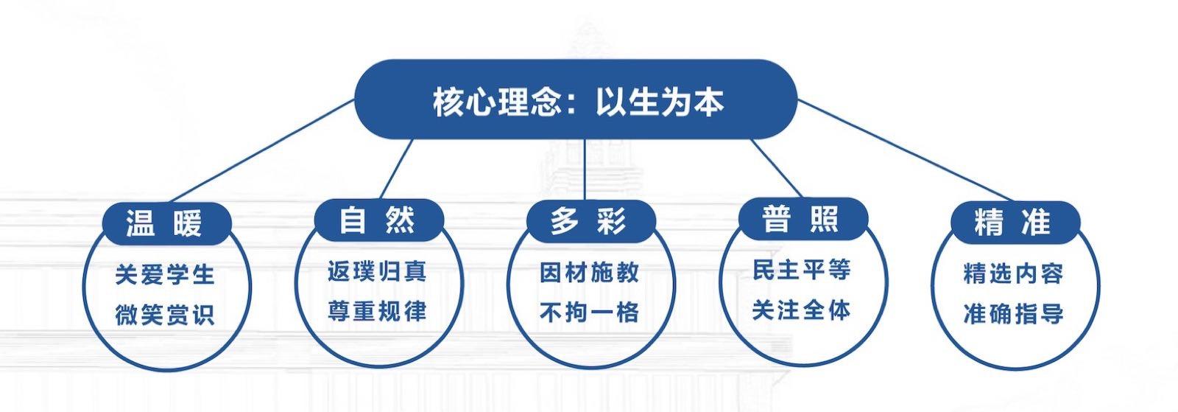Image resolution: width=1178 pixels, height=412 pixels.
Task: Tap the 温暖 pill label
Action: click(x=165, y=223)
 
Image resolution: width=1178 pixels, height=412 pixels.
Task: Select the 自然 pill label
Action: click(x=378, y=220)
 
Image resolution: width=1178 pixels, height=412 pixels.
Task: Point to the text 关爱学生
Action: click(x=165, y=275)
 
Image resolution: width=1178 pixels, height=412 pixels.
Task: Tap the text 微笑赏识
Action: click(x=165, y=315)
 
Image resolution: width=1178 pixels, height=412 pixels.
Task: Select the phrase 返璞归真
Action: click(x=377, y=271)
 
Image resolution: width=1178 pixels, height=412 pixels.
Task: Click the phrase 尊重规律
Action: click(x=377, y=311)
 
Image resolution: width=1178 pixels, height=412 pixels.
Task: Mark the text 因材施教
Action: click(x=590, y=273)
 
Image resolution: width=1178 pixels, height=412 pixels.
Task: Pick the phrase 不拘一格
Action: click(x=590, y=313)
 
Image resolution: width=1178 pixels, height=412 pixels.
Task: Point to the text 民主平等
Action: click(x=802, y=270)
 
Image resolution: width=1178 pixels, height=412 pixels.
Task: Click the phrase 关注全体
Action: click(x=802, y=310)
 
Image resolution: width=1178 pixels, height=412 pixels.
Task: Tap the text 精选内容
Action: click(x=1014, y=273)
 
